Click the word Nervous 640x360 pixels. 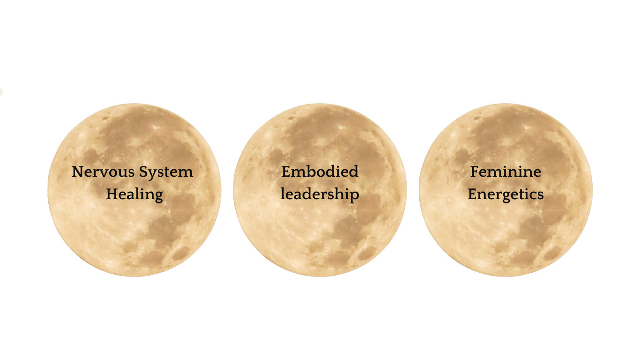pos(97,172)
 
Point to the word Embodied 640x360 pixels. pos(320,172)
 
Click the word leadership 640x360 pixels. pos(320,194)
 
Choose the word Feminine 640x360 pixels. pos(506,172)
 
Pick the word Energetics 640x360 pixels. pos(506,194)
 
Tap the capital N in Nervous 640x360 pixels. pos(77,172)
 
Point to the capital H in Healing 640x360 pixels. pos(112,194)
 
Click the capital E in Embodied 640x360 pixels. pos(286,172)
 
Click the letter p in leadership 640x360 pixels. pos(355,196)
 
